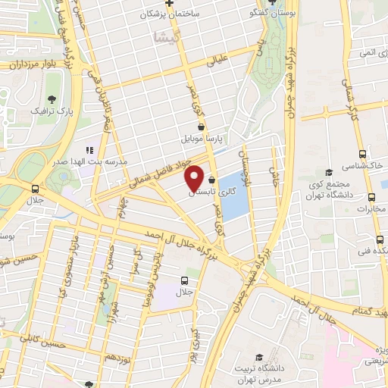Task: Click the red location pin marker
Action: [194, 177]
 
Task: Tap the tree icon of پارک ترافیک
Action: [51, 100]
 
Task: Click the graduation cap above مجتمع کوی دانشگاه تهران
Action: [328, 173]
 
